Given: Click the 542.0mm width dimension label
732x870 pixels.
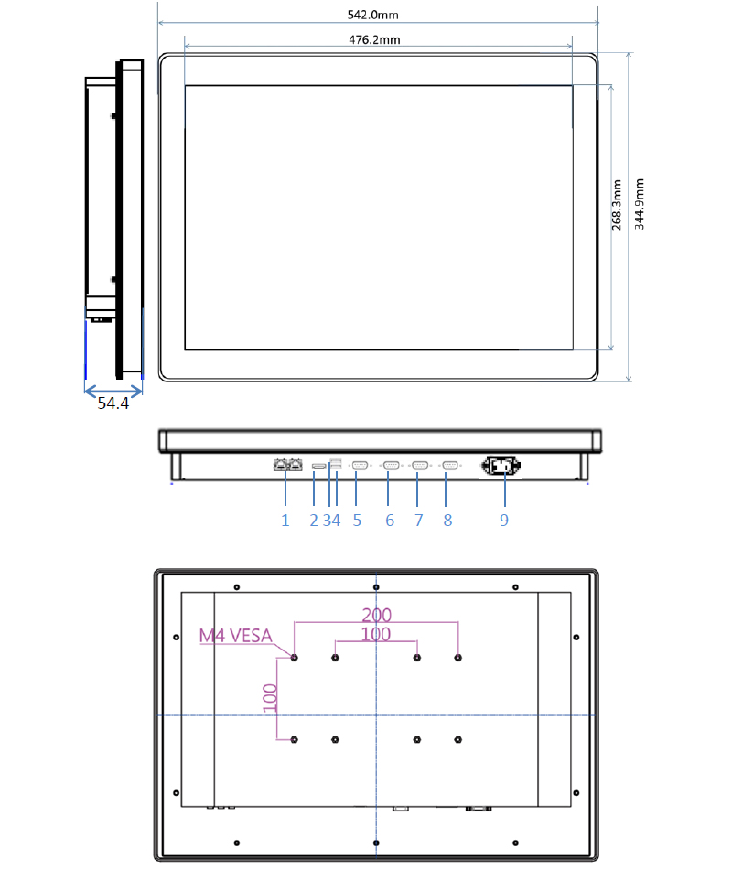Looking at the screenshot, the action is click(372, 15).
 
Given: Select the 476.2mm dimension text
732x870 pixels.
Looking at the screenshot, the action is click(374, 39).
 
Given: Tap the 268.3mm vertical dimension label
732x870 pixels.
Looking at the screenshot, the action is click(616, 205).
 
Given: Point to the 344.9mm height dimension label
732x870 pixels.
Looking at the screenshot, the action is click(640, 204).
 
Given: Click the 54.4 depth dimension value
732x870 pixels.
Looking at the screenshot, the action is click(113, 403).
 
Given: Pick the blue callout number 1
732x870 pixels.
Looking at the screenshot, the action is click(285, 520).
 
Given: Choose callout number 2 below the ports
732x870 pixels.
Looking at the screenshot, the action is click(314, 520).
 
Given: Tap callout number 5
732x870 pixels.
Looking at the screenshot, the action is click(357, 520).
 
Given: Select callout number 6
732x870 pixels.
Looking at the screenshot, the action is click(390, 520).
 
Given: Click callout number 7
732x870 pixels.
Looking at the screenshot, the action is click(418, 520).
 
